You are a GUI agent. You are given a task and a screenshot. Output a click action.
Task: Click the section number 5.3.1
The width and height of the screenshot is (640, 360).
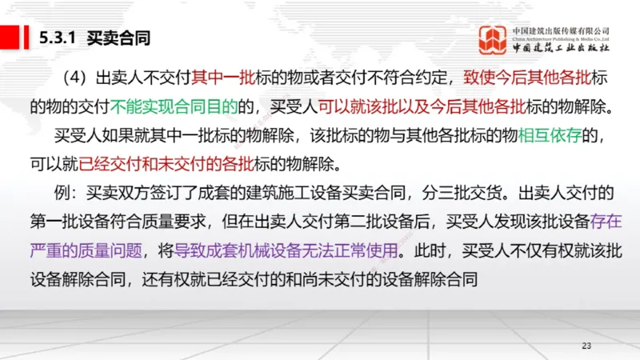point(57,38)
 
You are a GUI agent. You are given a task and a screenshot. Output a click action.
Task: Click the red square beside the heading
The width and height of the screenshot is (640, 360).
point(13,37)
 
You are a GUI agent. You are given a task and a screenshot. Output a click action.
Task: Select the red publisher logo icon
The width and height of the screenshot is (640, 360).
point(494,40)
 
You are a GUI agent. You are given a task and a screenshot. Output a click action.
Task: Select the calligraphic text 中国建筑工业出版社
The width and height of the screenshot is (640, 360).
point(562,48)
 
